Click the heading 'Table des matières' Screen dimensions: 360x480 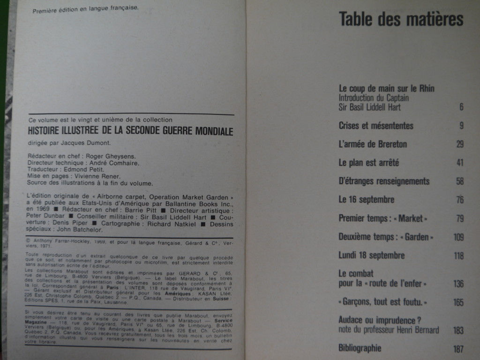coord(401,19)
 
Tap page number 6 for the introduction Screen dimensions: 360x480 coord(461,107)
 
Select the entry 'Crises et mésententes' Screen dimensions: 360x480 coord(376,126)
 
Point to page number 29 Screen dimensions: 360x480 coord(460,144)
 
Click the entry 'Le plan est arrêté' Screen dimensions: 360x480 coord(369,163)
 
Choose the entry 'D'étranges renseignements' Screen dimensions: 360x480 coord(384,181)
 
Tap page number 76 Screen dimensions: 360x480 coord(459,200)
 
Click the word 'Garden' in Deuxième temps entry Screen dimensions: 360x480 coord(417,237)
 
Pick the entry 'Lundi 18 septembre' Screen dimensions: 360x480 coord(371,255)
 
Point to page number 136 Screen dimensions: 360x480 coord(458,284)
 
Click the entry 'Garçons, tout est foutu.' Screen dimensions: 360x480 coord(383,302)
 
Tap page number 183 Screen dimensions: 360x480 coord(458,330)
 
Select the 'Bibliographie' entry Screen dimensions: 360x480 coord(360,348)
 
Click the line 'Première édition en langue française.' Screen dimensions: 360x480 coord(85,8)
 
